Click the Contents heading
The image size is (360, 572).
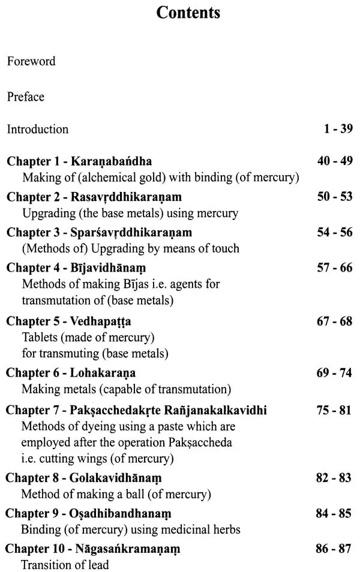click(188, 13)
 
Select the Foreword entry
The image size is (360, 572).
click(31, 61)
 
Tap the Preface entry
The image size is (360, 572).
click(26, 96)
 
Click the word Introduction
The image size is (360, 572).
click(38, 129)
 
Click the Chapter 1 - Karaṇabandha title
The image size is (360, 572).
click(79, 162)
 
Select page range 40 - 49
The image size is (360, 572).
click(335, 162)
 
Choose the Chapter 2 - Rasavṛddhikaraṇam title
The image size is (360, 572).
click(94, 197)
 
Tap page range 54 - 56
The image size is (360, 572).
click(335, 233)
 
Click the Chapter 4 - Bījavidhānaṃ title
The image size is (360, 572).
click(76, 268)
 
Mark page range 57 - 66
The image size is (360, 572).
click(335, 268)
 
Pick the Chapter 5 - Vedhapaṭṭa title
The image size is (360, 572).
click(69, 321)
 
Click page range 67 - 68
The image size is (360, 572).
click(335, 321)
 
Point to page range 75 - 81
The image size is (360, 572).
click(335, 411)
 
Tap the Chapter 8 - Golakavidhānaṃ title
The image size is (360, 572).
click(84, 478)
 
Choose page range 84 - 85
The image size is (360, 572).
click(335, 514)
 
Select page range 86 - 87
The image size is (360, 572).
click(335, 549)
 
